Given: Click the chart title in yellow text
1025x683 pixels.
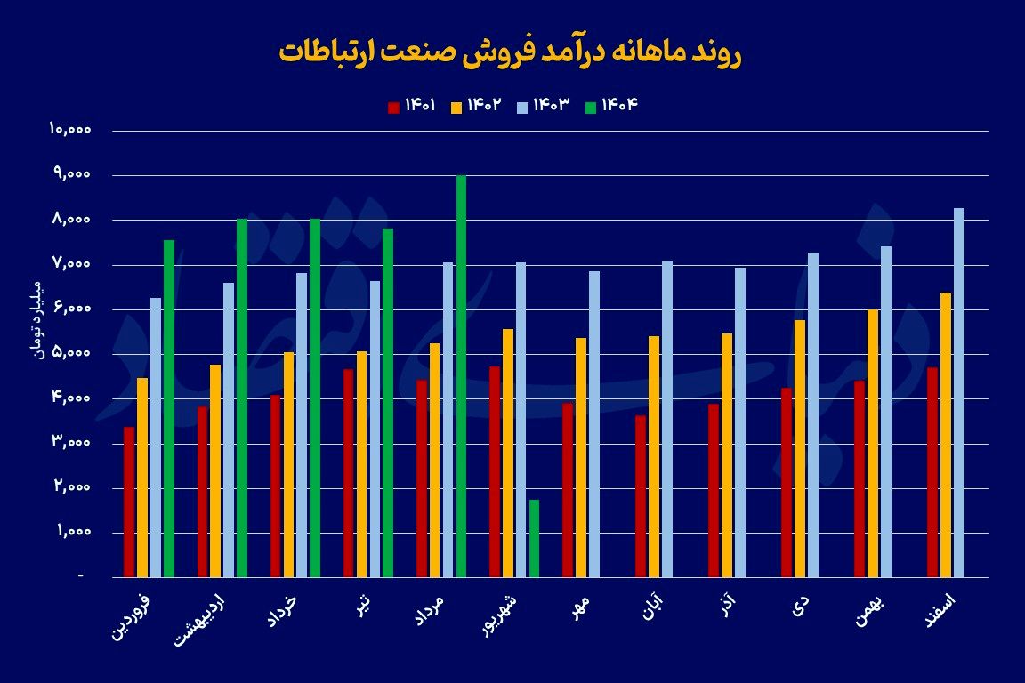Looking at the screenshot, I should coord(510,52).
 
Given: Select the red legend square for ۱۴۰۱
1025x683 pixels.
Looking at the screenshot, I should coord(393,108).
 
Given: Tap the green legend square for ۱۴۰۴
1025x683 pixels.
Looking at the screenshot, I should coord(590,108).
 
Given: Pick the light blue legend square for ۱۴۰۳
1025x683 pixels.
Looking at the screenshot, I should coord(522,108).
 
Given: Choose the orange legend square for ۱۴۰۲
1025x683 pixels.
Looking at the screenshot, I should coord(456,108).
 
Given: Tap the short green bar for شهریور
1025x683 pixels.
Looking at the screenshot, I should coord(534,538).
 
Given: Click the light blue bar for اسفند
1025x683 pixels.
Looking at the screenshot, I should coord(959,392).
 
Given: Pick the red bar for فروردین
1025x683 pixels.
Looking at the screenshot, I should coord(129,502).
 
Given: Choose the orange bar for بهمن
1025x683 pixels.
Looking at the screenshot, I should coord(873,443).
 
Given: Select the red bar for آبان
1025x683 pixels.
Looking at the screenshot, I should coord(641,496).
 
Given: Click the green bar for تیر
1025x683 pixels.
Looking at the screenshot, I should coord(388,403).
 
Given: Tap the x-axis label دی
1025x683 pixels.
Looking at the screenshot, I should coord(802,607).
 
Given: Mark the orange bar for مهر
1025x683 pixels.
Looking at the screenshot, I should coord(581,457).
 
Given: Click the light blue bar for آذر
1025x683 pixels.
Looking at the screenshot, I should coord(740,422).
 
